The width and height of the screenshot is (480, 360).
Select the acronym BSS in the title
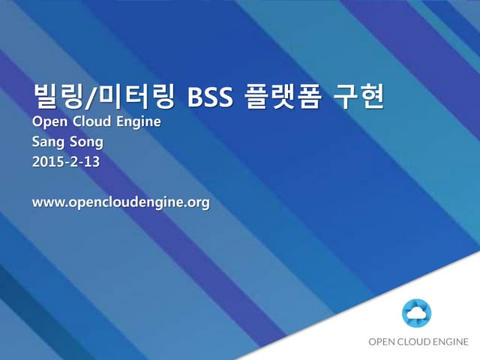(x=211, y=98)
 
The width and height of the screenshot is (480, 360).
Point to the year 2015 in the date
(x=48, y=161)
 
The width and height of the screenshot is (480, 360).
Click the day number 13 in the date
(x=91, y=161)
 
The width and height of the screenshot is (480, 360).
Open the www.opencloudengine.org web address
(x=120, y=202)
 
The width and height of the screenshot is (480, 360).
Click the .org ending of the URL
(x=196, y=203)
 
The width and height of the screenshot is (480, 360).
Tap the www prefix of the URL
(x=47, y=202)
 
